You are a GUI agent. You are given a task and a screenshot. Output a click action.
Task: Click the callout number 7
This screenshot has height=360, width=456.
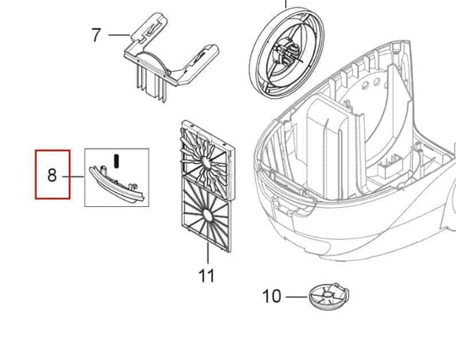pos(96,35)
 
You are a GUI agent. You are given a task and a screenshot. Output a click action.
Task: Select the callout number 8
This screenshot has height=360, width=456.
pos(52,176)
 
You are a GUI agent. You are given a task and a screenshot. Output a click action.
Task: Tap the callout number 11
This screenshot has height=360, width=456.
pos(207,275)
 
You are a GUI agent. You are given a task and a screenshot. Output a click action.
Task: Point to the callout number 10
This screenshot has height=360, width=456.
pos(272,296)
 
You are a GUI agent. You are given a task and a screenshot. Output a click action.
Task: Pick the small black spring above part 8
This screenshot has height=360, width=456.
pos(117,161)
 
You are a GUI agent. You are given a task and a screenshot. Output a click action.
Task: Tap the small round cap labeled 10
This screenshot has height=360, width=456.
pos(328,297)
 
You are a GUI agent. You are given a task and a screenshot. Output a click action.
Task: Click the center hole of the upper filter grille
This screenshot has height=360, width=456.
pos(207,163)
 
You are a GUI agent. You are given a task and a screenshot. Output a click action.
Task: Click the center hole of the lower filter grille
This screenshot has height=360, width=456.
pos(208,215)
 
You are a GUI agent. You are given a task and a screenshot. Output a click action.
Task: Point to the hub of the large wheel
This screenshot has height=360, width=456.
pos(287,52)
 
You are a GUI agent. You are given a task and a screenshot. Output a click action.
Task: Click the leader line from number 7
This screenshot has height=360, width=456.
pos(119,35)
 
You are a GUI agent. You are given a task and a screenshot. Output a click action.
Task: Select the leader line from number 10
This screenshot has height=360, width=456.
pos(296,297)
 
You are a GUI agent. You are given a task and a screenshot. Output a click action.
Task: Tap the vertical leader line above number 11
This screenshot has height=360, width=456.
pos(208,254)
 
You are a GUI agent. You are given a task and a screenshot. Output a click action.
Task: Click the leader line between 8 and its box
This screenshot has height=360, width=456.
pos(73,177)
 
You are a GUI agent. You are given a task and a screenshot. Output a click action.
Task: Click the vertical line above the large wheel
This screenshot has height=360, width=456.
pos(286,3)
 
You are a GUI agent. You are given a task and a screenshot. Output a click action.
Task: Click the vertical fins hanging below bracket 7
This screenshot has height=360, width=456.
pos(151,85)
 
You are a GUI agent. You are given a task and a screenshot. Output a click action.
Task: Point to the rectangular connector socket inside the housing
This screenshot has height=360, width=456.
pos(390,168)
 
